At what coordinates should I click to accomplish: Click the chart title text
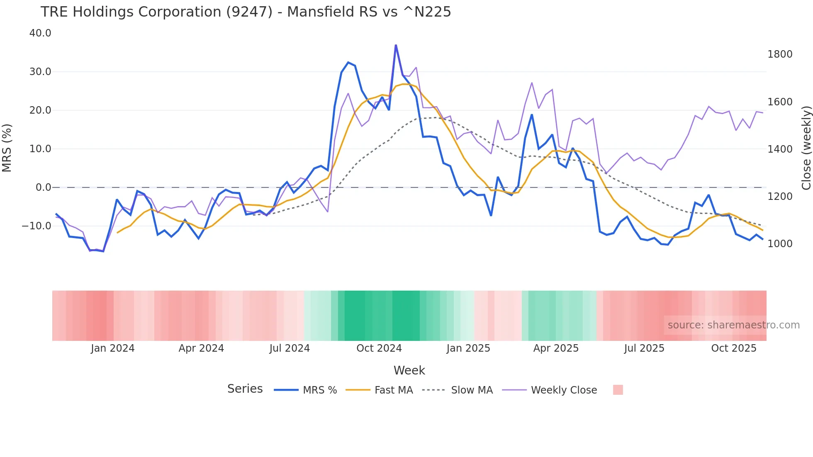(246, 12)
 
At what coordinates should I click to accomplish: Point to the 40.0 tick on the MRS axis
(40, 33)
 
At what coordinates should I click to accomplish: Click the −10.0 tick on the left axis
(37, 226)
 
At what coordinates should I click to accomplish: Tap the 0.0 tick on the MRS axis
(43, 187)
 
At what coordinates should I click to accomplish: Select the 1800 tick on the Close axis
(780, 54)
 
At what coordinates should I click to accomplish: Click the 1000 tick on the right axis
(780, 244)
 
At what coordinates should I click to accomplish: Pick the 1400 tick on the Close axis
(780, 149)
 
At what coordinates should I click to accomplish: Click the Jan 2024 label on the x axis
(112, 348)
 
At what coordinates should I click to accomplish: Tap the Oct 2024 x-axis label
(379, 348)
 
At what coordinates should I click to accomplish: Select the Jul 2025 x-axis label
(644, 348)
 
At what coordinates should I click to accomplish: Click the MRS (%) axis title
(7, 148)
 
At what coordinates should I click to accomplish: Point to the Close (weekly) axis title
(806, 148)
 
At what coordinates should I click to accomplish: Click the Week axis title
(409, 370)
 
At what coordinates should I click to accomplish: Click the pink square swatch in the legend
(618, 390)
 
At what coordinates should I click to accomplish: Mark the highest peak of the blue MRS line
(396, 45)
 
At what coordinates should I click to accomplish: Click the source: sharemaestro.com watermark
(733, 325)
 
